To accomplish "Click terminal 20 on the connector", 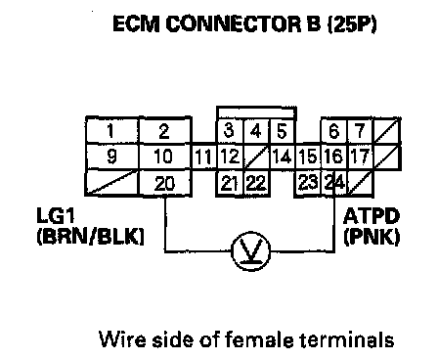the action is pos(164,184).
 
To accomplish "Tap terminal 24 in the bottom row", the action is pos(335,183).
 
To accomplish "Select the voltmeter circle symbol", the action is pos(251,251).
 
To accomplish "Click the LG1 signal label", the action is pos(56,216).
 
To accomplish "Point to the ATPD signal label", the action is pos(372,216).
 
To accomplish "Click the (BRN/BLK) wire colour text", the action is pos(90,237).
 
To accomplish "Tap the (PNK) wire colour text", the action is pos(372,237).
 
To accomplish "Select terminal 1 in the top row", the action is pos(112,130).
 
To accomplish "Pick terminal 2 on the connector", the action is pos(164,130).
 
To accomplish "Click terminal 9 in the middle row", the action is pos(112,157).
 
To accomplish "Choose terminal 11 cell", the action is pos(203,157).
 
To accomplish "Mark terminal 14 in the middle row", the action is pos(283,157).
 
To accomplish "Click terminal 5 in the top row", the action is pos(283,131).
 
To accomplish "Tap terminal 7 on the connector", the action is pos(361,131).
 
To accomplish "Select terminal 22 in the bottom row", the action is pos(256,183).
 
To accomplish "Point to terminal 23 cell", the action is pos(308,183).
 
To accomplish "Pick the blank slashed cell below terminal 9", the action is pos(112,183).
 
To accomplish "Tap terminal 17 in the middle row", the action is pos(361,157).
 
